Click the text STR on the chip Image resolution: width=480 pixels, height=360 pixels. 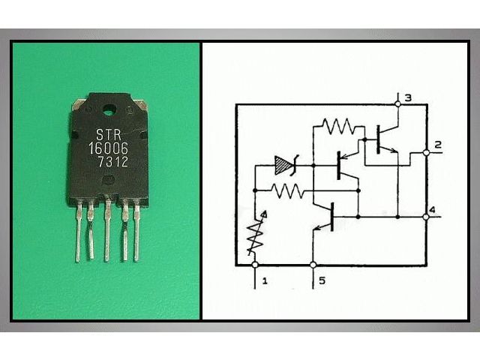(x=109, y=135)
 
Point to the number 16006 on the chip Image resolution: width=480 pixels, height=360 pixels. (x=108, y=148)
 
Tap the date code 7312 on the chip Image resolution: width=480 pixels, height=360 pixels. (x=112, y=162)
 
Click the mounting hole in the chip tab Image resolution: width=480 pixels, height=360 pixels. (x=108, y=109)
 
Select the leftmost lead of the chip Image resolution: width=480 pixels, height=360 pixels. (x=79, y=232)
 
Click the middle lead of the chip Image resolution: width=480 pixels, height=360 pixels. (x=106, y=232)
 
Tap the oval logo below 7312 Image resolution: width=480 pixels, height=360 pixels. (x=108, y=180)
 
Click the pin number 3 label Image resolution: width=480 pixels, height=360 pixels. (x=408, y=98)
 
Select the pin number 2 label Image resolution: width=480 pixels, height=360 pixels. (x=438, y=145)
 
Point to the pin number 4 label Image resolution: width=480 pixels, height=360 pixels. (x=432, y=210)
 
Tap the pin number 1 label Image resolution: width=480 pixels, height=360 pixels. (x=265, y=280)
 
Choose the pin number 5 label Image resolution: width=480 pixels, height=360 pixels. (x=322, y=280)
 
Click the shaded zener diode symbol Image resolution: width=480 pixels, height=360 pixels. (x=285, y=166)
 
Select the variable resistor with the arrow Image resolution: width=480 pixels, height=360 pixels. (x=256, y=233)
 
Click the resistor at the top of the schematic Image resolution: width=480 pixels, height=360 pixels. (x=339, y=126)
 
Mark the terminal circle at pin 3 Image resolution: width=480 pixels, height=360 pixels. (x=397, y=104)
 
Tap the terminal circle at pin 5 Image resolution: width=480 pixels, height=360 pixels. (x=313, y=265)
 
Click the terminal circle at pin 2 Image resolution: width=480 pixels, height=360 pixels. (x=426, y=153)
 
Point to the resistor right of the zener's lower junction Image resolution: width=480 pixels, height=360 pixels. (x=287, y=190)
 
